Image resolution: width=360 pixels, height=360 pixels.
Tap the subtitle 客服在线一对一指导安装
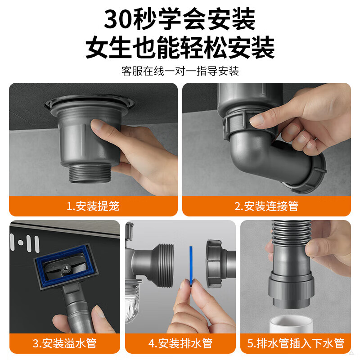click(x=180, y=71)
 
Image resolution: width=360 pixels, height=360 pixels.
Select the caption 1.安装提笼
click(x=93, y=206)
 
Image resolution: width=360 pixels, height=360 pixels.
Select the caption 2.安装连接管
click(x=266, y=206)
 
